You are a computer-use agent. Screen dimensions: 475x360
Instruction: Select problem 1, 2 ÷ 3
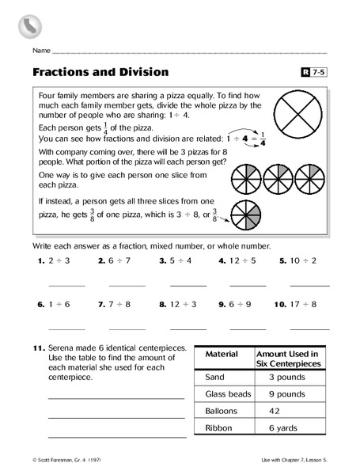(55, 259)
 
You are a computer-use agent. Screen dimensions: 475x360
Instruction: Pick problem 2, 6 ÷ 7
(117, 259)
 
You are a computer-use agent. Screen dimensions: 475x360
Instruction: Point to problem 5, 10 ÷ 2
(305, 259)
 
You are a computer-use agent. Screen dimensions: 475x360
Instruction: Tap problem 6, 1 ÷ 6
(55, 302)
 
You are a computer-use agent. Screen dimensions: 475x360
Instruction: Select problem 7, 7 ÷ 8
(117, 302)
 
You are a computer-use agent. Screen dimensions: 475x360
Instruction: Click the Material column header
(222, 354)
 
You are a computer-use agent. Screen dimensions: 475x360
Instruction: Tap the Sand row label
(214, 376)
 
